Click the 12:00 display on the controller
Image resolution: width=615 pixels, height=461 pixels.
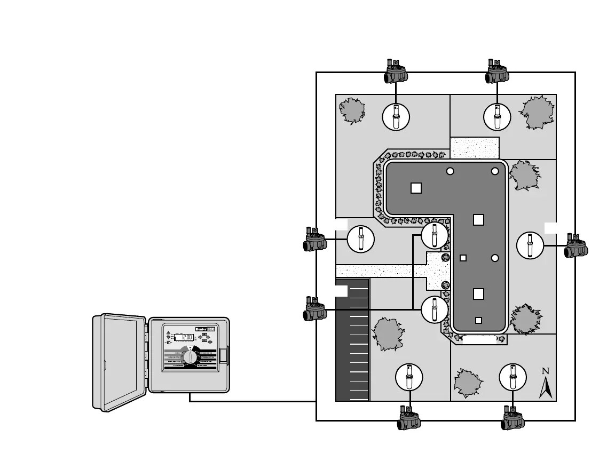tap(183, 338)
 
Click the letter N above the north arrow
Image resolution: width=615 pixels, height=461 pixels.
tap(545, 371)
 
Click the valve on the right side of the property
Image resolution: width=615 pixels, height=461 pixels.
tap(576, 246)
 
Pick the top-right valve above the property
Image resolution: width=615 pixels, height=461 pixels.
tap(498, 71)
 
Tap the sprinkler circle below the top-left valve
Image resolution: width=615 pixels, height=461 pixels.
tap(396, 116)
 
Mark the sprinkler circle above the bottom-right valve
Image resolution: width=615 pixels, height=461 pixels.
tap(512, 377)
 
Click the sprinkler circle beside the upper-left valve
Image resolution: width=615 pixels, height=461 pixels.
tap(360, 240)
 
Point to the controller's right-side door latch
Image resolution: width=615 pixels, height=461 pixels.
tap(224, 355)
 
